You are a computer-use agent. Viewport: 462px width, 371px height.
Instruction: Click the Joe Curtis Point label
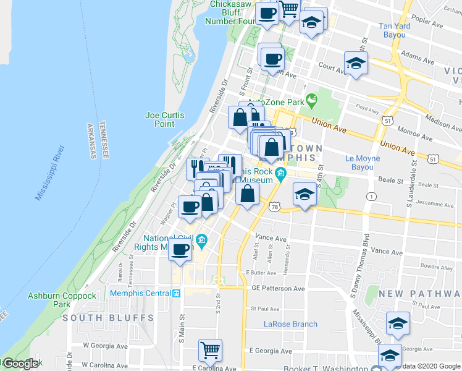point(160,119)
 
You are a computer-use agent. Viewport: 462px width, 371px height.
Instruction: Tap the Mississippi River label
point(49,173)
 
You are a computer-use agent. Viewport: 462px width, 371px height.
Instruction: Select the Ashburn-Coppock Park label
point(62,300)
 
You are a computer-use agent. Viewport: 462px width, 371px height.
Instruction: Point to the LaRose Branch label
point(290,324)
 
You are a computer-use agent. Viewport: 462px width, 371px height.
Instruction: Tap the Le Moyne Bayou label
point(359,163)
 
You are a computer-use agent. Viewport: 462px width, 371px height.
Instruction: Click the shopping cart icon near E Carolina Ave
point(211,350)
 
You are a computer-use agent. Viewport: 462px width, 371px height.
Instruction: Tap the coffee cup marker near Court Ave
point(272,59)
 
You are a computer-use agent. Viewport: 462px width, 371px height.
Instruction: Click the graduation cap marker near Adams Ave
point(356,63)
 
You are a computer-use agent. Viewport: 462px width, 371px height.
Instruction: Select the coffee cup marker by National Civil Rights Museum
point(180,249)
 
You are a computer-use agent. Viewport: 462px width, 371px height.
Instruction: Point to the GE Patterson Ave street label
point(278,289)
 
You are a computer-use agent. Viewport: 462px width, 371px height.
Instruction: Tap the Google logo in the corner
point(20,364)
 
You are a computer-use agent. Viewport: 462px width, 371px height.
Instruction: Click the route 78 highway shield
point(275,205)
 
